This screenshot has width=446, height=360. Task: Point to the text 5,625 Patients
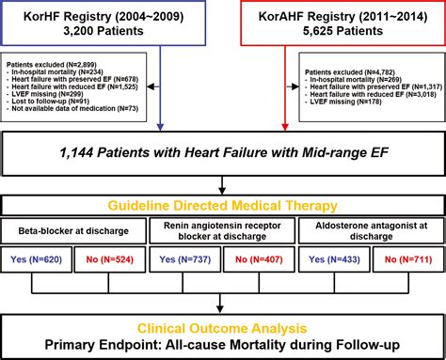click(x=339, y=34)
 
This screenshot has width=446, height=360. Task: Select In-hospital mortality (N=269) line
click(x=347, y=79)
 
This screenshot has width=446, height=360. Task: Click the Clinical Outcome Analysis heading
click(x=223, y=329)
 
